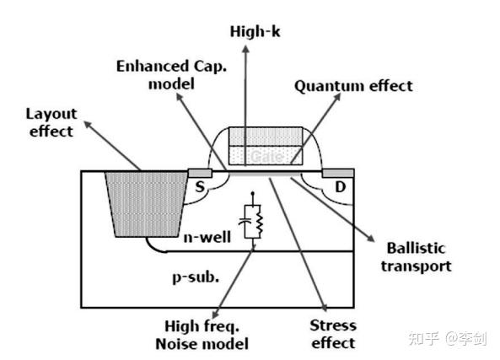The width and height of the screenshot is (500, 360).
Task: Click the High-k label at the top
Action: (245, 31)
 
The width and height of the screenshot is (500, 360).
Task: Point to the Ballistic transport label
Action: (418, 257)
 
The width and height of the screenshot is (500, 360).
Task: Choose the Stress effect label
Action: (332, 333)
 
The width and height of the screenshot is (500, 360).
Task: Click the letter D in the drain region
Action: (340, 186)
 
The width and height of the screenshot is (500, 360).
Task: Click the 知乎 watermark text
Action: (422, 338)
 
